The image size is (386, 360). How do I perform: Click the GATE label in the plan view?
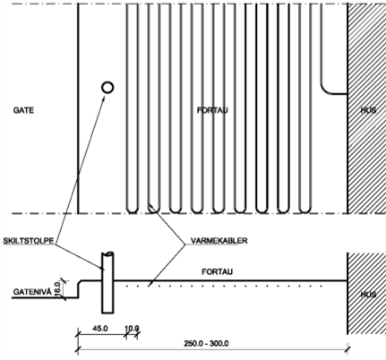[x=23, y=110]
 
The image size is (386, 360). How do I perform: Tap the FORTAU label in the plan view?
[x=212, y=110]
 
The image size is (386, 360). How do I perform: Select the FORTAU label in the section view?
[x=217, y=271]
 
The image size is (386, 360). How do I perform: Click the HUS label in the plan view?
[x=368, y=110]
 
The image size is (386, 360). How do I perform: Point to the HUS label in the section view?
[x=368, y=295]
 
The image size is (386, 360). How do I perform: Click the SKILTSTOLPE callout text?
[x=29, y=241]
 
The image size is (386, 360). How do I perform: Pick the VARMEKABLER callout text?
[x=219, y=241]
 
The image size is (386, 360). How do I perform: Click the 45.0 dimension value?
[x=100, y=329]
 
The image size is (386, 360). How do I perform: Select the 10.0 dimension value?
[x=132, y=329]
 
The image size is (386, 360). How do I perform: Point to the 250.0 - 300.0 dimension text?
[x=206, y=344]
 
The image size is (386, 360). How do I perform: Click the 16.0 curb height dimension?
[x=57, y=288]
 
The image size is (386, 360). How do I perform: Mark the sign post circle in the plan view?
[x=107, y=88]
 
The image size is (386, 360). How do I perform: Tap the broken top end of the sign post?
[x=107, y=253]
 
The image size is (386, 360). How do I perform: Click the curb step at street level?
[x=79, y=289]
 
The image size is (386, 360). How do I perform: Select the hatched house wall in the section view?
[x=366, y=294]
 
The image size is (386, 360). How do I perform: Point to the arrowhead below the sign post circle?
[x=104, y=99]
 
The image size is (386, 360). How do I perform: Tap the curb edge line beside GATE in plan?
[x=78, y=108]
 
